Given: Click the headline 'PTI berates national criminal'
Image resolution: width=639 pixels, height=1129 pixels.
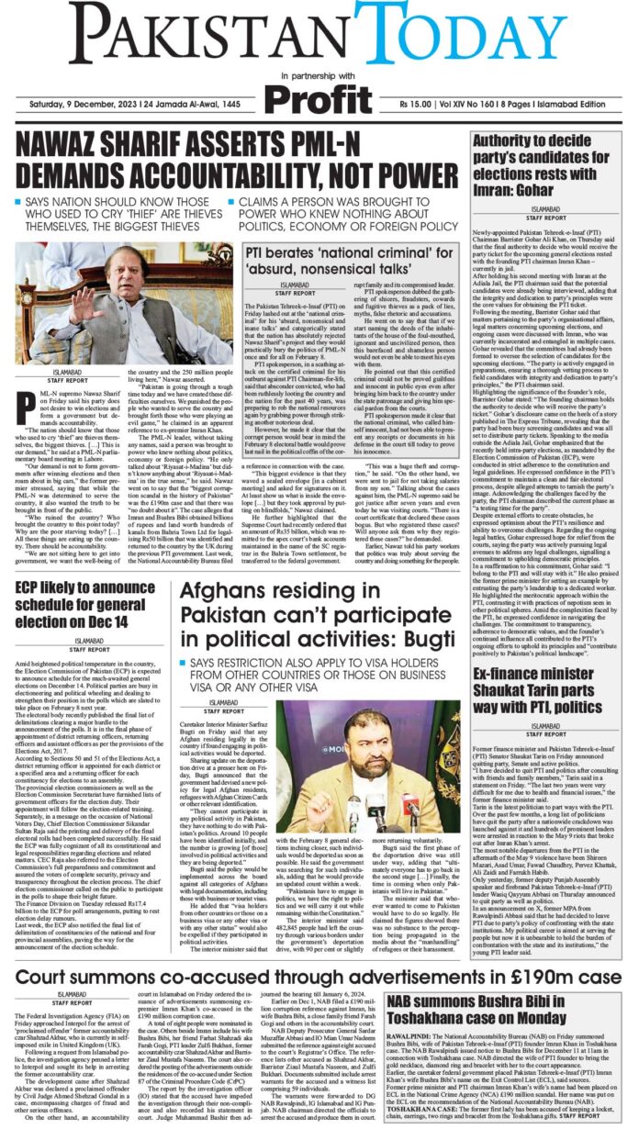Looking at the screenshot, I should [x=350, y=239].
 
